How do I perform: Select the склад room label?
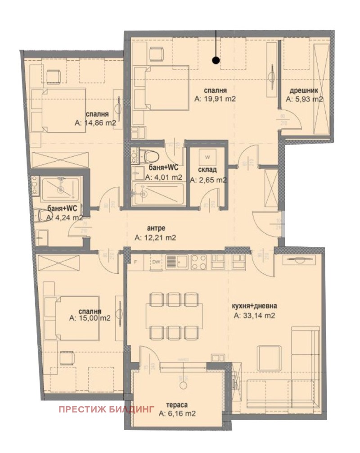(207, 170)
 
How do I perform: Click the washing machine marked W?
(207, 157)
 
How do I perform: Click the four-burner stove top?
(198, 261)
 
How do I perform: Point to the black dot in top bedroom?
(216, 59)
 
